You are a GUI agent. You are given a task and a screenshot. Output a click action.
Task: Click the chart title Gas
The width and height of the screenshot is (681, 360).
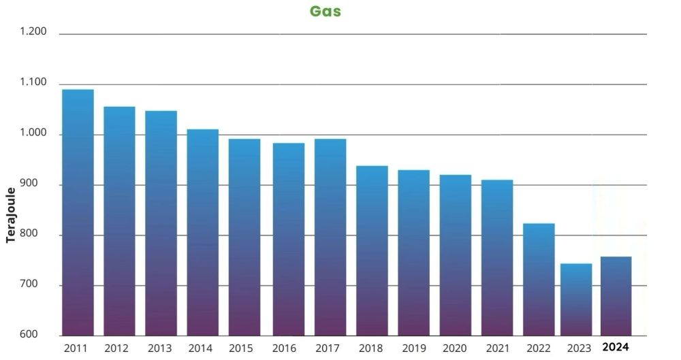point(326,11)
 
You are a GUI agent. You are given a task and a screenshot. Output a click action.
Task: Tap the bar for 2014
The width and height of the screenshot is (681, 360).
point(202,232)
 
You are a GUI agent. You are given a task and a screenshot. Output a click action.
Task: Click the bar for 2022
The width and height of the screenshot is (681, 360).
point(539,279)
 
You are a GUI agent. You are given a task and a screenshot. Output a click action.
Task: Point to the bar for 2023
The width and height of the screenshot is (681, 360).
point(576,299)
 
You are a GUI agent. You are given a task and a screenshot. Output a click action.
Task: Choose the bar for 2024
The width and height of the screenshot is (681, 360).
point(616,296)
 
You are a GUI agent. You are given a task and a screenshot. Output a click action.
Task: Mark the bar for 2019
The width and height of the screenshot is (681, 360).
point(413,252)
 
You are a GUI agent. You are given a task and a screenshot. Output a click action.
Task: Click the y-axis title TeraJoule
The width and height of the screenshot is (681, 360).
point(11,215)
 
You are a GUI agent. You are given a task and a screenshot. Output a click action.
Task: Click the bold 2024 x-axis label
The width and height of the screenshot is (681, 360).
point(616,347)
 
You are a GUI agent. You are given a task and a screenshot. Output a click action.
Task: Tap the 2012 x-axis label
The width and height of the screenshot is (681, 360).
point(116,348)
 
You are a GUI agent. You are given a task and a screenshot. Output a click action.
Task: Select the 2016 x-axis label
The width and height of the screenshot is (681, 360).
point(284,348)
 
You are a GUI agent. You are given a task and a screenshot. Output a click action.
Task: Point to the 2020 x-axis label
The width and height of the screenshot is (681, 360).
point(455,348)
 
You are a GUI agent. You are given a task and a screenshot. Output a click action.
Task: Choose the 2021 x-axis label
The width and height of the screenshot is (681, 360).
point(497,348)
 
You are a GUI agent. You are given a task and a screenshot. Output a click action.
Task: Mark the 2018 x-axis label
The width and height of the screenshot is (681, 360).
point(371,348)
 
